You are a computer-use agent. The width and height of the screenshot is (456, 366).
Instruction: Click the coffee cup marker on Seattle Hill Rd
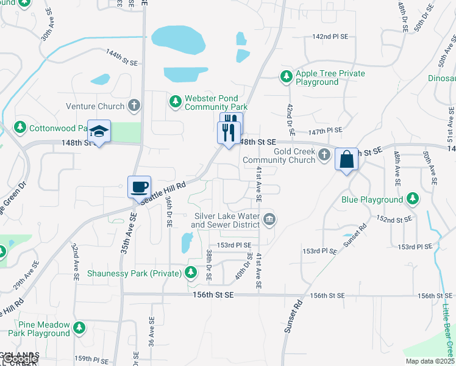(x=140, y=186)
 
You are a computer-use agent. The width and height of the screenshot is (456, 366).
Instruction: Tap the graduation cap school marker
(x=99, y=131)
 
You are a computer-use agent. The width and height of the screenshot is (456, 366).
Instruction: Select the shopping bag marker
(x=346, y=159)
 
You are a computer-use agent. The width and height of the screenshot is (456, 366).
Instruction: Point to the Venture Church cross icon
(x=135, y=106)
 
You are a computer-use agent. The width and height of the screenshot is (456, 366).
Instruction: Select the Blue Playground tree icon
(x=413, y=199)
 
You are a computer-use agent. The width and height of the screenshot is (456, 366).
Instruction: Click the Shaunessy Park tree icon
(x=191, y=272)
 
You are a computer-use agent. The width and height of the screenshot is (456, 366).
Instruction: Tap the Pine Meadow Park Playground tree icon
(x=79, y=329)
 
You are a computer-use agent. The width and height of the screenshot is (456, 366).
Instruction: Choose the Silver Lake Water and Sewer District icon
(x=269, y=219)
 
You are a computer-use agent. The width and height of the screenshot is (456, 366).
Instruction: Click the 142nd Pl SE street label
(x=330, y=37)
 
